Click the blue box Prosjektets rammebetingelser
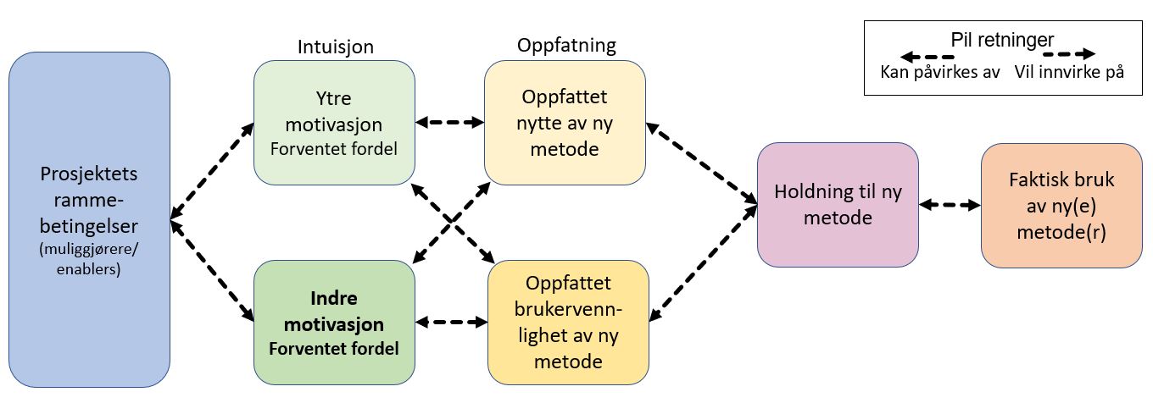click(x=90, y=219)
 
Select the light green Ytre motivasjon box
click(x=334, y=123)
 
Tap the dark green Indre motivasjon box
click(x=334, y=323)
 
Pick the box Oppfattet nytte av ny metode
click(x=565, y=123)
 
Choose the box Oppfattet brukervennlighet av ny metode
click(x=568, y=323)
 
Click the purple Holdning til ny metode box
click(x=838, y=205)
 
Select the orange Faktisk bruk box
click(x=1062, y=206)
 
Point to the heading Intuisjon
click(x=336, y=47)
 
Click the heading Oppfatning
click(x=566, y=45)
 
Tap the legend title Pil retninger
click(x=1002, y=40)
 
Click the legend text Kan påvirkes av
click(x=940, y=72)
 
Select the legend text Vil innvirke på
click(x=1069, y=72)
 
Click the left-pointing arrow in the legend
click(x=927, y=57)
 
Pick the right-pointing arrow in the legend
click(x=1069, y=53)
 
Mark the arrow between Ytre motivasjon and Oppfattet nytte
click(x=450, y=122)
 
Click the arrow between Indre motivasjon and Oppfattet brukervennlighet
click(x=451, y=323)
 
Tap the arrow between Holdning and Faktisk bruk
click(x=950, y=205)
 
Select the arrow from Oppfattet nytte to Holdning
click(x=702, y=163)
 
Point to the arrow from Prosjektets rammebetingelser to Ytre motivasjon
click(x=212, y=171)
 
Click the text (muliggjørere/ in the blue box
click(x=88, y=249)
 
